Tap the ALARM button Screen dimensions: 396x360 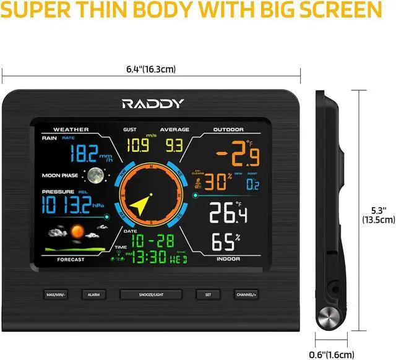pyautogui.click(x=93, y=295)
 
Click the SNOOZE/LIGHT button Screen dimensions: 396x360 pyautogui.click(x=151, y=295)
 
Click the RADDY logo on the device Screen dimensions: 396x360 pyautogui.click(x=152, y=103)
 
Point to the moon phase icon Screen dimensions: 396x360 pyautogui.click(x=94, y=176)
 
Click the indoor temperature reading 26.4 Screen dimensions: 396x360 pyautogui.click(x=228, y=214)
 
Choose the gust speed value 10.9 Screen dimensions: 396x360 pyautogui.click(x=137, y=146)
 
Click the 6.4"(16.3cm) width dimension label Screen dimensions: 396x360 pyautogui.click(x=152, y=69)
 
